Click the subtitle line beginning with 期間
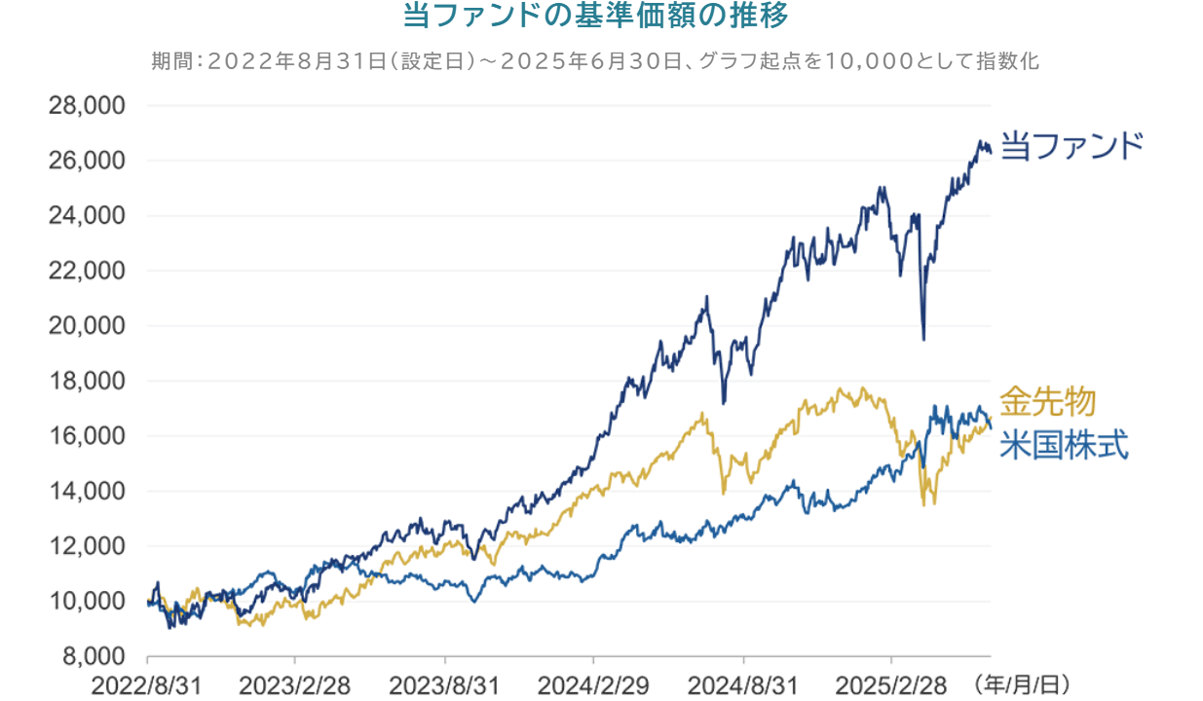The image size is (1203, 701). coord(595,60)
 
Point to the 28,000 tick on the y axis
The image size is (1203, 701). coord(87,105)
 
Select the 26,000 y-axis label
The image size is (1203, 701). coord(87,161)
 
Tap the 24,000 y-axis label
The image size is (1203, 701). coord(87,215)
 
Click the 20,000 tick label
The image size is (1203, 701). coord(87,325)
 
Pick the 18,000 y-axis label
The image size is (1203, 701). coord(87,381)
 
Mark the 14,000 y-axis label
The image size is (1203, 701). coord(87,491)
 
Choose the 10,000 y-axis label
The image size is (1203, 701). coord(87,601)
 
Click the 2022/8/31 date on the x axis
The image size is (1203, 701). coord(147,684)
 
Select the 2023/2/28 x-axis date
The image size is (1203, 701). coord(296,684)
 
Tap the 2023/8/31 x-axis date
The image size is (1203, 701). coord(445,684)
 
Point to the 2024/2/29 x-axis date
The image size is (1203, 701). coord(594,684)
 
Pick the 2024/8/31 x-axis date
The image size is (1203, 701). coord(743,684)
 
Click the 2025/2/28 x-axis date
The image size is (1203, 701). coord(892,684)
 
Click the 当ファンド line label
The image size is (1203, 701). coord(1071,147)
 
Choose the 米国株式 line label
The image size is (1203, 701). coord(1064,445)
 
